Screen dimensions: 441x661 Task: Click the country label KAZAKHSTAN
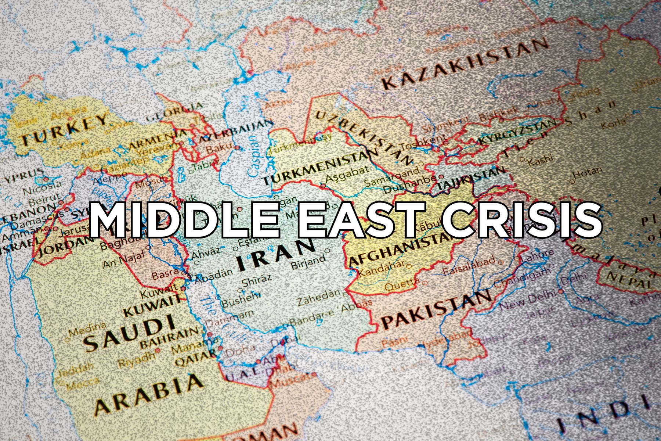465,64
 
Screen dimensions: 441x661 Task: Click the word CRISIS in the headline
521,220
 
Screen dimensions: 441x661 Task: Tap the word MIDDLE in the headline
184,220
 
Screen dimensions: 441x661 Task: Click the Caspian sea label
254,156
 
